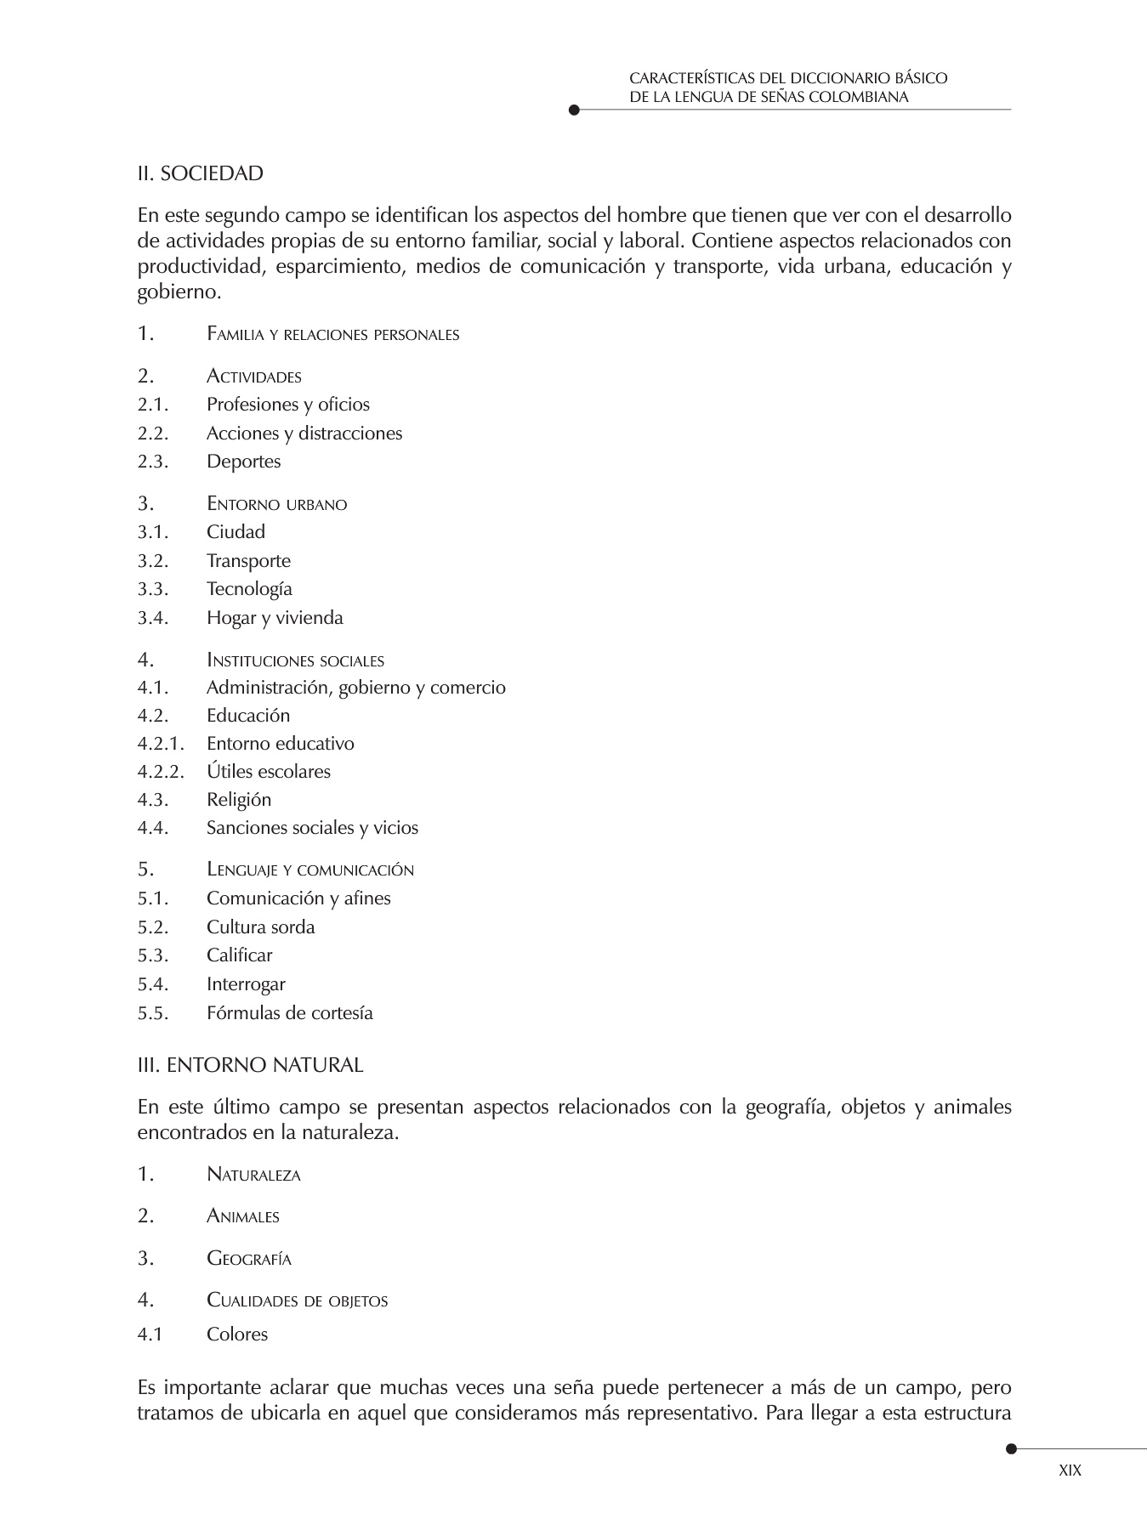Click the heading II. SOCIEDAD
201,174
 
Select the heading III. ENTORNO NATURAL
250,1065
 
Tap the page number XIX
1070,1470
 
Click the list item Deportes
243,462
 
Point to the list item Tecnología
249,589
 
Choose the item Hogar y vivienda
275,618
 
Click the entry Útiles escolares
269,772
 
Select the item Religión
239,800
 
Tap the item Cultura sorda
260,927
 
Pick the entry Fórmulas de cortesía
289,1013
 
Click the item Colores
237,1334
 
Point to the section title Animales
243,1216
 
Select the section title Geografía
249,1259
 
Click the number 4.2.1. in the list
161,744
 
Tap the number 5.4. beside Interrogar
153,984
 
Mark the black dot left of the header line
574,110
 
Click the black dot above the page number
1011,1448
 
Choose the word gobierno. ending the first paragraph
179,293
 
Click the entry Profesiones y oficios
288,405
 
